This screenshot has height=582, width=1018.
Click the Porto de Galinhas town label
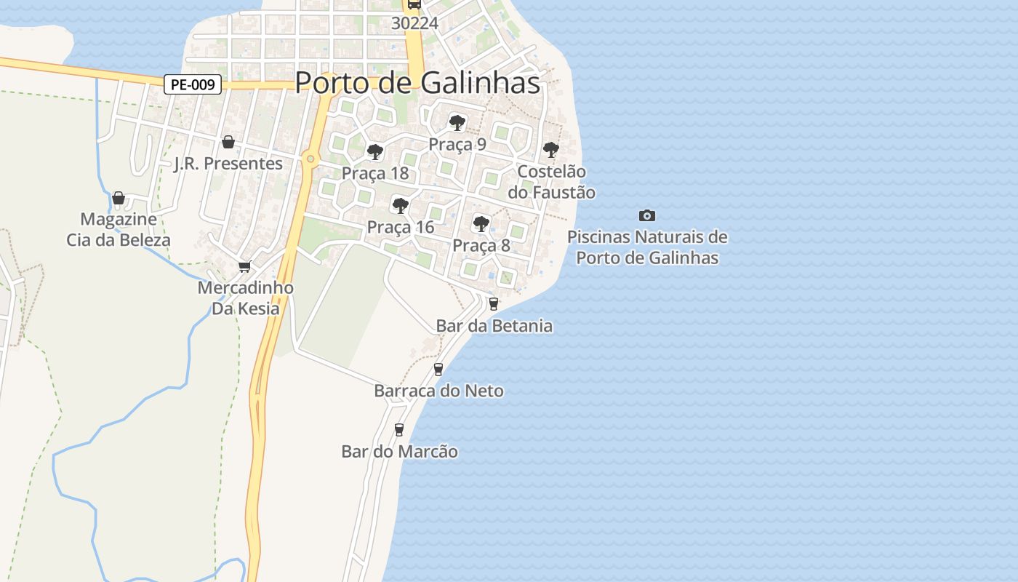(x=417, y=83)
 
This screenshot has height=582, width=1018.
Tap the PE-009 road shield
(x=193, y=85)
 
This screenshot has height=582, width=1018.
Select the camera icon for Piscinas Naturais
(x=646, y=215)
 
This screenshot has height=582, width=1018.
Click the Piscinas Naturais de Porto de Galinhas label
(x=646, y=247)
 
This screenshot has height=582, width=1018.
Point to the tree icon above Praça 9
(x=457, y=122)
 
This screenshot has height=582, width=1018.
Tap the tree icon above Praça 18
(x=375, y=151)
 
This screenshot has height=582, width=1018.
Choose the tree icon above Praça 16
(x=400, y=205)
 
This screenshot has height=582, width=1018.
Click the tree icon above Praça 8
(x=481, y=223)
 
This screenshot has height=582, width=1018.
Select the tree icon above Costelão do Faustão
(x=551, y=150)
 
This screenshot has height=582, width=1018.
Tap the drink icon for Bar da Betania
(x=494, y=304)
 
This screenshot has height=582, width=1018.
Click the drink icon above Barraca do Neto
(x=438, y=369)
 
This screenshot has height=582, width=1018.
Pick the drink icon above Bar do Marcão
(x=398, y=429)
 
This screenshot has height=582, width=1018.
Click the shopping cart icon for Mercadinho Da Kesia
(x=245, y=266)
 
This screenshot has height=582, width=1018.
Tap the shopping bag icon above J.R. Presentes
(x=228, y=141)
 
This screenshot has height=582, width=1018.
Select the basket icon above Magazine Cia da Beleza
(x=119, y=198)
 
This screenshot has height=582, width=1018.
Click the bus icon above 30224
(x=414, y=4)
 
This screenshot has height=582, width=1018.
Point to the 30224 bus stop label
(x=414, y=23)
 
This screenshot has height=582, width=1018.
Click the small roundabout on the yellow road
(x=310, y=159)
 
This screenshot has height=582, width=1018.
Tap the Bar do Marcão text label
(x=399, y=452)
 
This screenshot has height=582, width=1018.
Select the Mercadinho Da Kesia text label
(x=246, y=298)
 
